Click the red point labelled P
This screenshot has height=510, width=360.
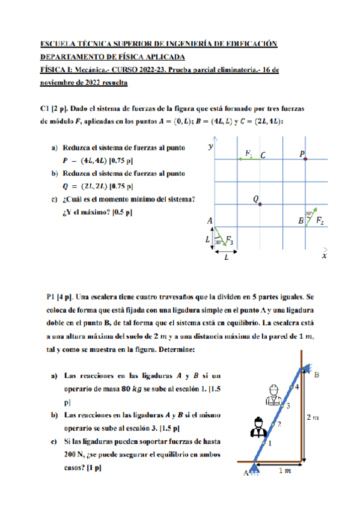click(x=306, y=159)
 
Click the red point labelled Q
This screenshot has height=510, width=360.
click(x=260, y=204)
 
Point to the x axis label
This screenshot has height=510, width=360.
click(x=324, y=256)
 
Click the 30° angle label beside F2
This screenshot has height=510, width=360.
click(x=308, y=213)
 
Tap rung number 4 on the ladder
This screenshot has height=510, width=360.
click(x=296, y=386)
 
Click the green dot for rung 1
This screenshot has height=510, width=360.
click(x=264, y=443)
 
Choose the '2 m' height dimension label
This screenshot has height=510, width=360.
click(x=313, y=416)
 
